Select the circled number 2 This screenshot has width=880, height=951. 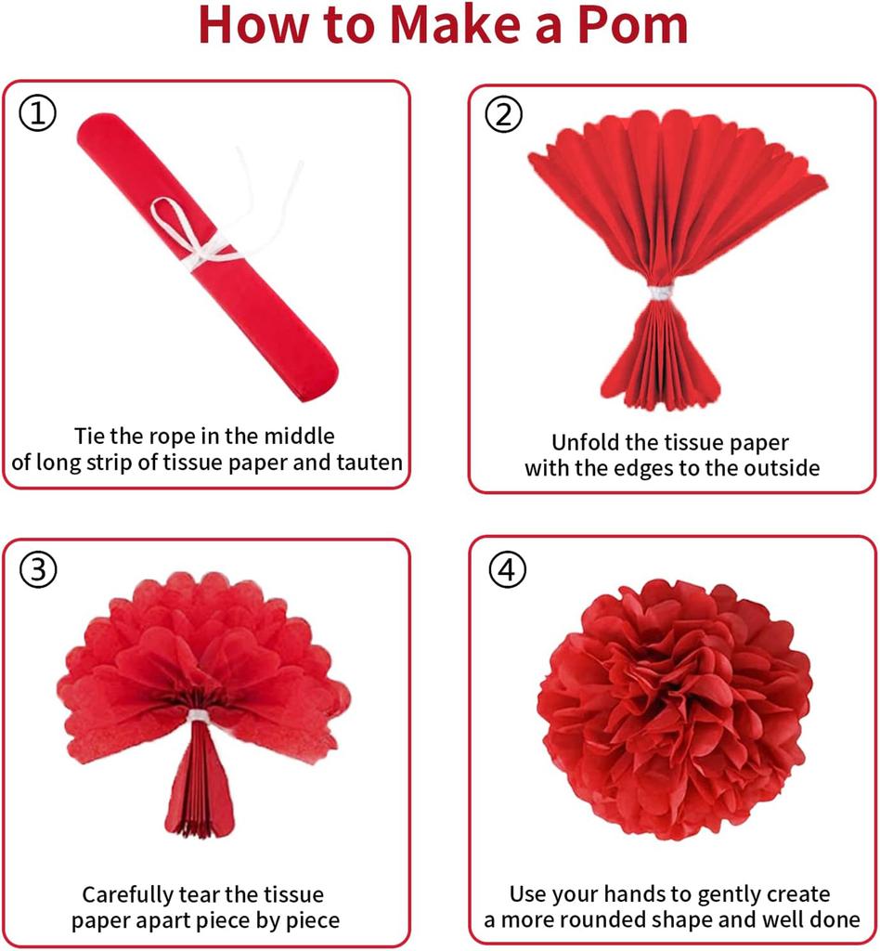[x=504, y=115]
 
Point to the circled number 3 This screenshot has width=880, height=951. [x=38, y=570]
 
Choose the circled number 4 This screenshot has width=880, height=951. [x=505, y=570]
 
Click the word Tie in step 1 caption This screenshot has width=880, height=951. [x=92, y=436]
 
